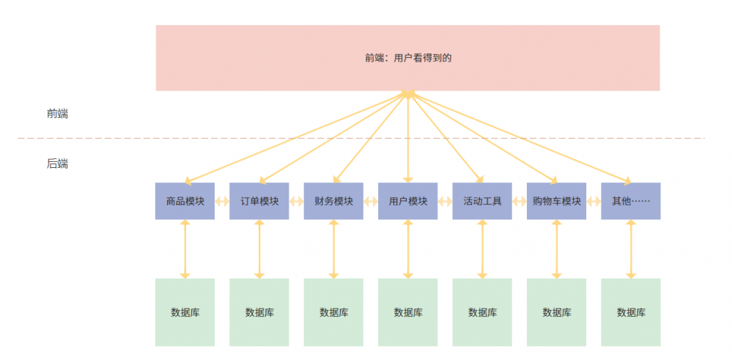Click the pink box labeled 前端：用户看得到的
pos(407,58)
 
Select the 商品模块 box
pos(185,201)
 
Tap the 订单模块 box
pos(259,201)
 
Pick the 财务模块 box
pos(333,201)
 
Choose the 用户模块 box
pos(407,201)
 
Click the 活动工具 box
pos(482,201)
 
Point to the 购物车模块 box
pos(556,201)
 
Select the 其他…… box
pos(630,201)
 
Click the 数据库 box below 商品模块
pos(185,312)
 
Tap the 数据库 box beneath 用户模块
pos(407,312)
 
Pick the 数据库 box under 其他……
pos(630,312)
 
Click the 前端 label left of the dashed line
pos(57,114)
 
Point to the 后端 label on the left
pos(57,164)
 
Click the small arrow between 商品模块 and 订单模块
pos(222,201)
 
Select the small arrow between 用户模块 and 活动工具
pos(445,201)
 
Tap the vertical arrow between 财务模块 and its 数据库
pos(333,249)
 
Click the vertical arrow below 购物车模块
pos(556,249)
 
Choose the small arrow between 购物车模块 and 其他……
pos(594,201)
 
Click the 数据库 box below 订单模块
pos(259,312)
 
